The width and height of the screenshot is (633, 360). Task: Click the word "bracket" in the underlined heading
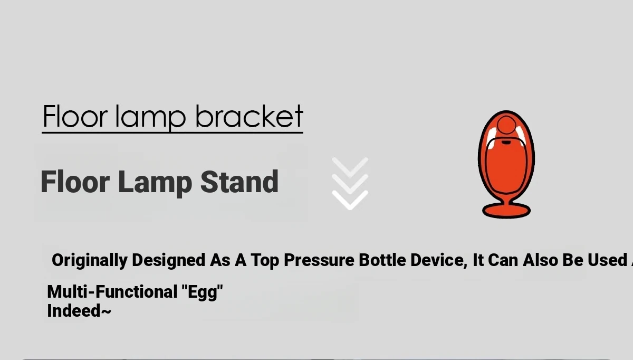(x=249, y=116)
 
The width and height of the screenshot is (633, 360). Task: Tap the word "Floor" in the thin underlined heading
(x=75, y=116)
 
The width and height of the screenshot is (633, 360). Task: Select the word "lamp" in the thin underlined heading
(x=151, y=119)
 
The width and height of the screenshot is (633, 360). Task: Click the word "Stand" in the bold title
(x=239, y=182)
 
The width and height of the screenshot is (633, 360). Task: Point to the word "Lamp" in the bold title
(x=155, y=183)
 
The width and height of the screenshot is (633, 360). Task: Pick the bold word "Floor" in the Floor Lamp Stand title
(x=75, y=182)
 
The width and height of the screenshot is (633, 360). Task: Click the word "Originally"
(x=90, y=260)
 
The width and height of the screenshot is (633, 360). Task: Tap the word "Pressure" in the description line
(x=319, y=260)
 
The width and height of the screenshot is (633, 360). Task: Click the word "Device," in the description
(x=439, y=260)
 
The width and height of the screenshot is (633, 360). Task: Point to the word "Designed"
(x=168, y=260)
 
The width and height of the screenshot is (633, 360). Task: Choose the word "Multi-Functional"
(x=112, y=291)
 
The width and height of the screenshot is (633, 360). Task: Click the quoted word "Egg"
(x=203, y=292)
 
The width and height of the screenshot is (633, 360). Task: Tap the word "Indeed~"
(x=79, y=311)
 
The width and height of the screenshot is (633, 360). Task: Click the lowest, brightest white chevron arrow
(x=350, y=200)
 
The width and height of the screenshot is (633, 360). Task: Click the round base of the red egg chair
(x=506, y=211)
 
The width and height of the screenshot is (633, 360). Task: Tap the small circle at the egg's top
(x=506, y=125)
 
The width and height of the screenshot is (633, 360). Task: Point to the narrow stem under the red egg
(x=506, y=200)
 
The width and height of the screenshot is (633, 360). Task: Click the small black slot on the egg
(x=506, y=143)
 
